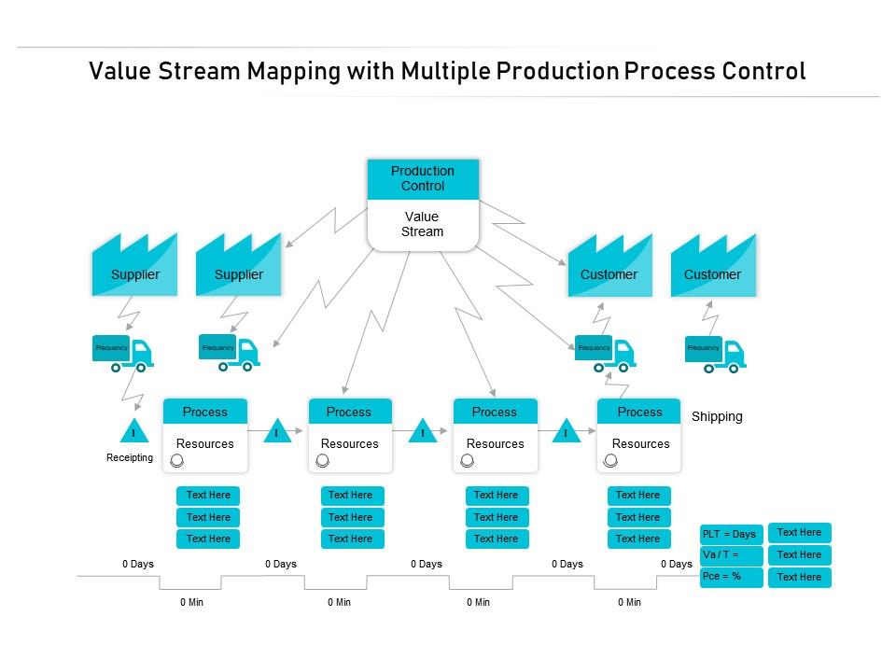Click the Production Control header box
(x=423, y=178)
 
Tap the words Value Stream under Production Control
(x=423, y=225)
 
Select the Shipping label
(x=717, y=417)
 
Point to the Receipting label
(x=130, y=458)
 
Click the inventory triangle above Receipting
(x=133, y=432)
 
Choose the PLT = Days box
(x=731, y=534)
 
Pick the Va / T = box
(x=731, y=555)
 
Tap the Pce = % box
(x=731, y=577)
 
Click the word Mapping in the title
(x=290, y=72)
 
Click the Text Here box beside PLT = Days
(x=799, y=533)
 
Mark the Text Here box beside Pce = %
(x=799, y=578)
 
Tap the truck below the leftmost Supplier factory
(x=123, y=353)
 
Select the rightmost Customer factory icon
(x=713, y=266)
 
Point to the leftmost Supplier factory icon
(x=134, y=266)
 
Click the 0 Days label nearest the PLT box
(x=677, y=564)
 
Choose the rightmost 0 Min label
(x=629, y=603)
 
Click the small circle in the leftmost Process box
(x=177, y=461)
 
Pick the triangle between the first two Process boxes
(x=277, y=432)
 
